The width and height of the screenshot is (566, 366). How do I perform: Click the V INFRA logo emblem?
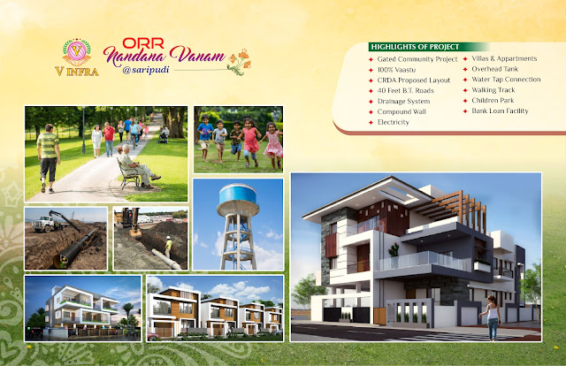[77, 52]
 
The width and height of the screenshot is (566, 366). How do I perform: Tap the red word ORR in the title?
[143, 43]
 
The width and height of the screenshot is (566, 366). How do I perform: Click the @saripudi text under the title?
[145, 70]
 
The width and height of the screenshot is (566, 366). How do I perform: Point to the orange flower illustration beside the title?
[240, 62]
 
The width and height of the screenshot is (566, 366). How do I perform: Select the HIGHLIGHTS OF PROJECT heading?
[415, 47]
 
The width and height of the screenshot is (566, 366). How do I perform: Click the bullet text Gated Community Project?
[417, 59]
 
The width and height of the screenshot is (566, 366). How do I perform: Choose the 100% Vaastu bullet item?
[396, 70]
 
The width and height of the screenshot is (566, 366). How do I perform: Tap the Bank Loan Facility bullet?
[500, 111]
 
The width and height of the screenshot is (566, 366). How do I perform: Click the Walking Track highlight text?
[493, 90]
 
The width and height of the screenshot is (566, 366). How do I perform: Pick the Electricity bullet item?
[393, 122]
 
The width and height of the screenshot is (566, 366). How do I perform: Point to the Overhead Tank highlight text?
[494, 69]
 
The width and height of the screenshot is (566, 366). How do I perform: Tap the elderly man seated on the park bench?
[137, 165]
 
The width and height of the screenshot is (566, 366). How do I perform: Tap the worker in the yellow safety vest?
[168, 247]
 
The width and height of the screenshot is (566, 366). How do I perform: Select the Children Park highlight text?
[493, 101]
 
